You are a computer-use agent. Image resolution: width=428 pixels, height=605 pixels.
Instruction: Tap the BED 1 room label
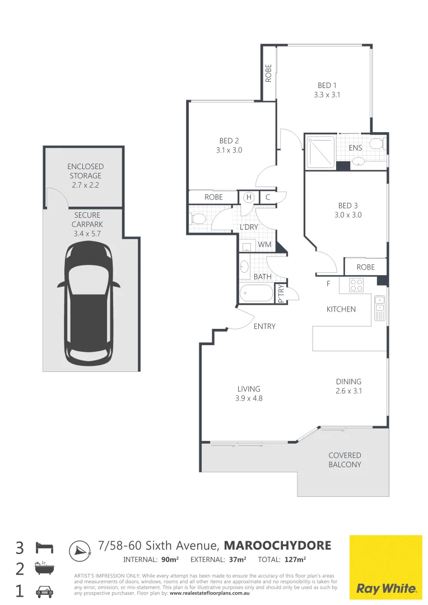click(327, 85)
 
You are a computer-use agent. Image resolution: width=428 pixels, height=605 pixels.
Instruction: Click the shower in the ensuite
click(320, 152)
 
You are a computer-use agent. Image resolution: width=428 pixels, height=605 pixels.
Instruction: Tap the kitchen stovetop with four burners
click(356, 285)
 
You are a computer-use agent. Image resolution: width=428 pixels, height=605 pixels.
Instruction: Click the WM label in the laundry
click(264, 245)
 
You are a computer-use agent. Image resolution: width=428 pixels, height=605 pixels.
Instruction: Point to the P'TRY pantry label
click(281, 294)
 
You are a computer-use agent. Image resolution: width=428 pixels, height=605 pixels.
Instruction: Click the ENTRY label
click(264, 326)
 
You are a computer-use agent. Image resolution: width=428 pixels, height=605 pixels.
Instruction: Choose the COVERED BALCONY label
click(345, 460)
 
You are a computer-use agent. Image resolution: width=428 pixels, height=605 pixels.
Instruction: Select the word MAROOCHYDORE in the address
click(277, 545)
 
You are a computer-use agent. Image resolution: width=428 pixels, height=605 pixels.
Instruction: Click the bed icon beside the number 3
click(44, 547)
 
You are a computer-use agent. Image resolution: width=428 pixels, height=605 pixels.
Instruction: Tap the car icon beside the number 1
click(44, 591)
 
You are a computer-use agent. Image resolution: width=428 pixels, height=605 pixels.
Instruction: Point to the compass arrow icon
click(81, 551)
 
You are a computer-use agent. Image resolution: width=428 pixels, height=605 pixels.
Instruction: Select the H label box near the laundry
click(248, 197)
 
